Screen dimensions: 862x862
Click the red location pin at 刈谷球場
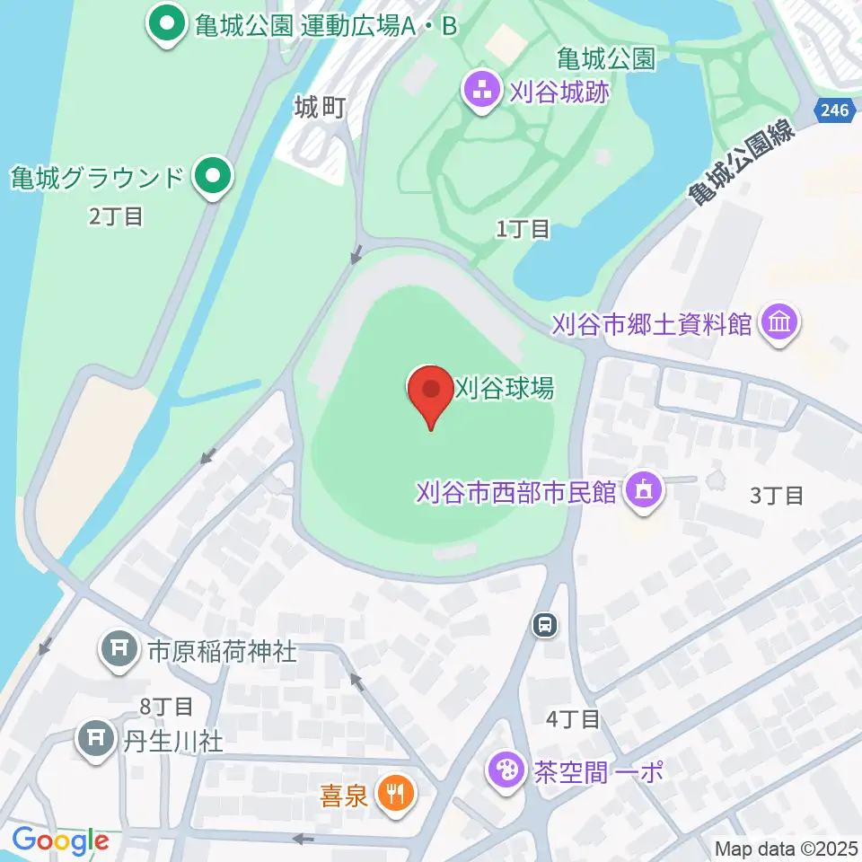point(431,393)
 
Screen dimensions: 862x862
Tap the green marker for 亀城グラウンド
point(212,175)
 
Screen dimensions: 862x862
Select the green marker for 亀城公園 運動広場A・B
point(167,24)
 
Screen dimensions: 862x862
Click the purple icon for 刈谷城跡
point(482,89)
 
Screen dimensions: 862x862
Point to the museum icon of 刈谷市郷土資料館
point(779,323)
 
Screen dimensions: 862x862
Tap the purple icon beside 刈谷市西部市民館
point(643,491)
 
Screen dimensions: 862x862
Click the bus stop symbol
point(544,623)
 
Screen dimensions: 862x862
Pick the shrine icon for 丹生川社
point(94,740)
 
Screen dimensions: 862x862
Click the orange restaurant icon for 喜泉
point(394,794)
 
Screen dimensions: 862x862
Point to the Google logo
point(60,840)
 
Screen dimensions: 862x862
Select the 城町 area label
point(321,109)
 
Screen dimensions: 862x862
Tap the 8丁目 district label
point(166,707)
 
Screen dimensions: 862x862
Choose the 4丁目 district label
point(573,718)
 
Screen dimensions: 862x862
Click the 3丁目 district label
point(776,495)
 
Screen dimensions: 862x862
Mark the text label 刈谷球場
point(505,388)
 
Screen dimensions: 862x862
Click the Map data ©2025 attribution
point(787,849)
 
